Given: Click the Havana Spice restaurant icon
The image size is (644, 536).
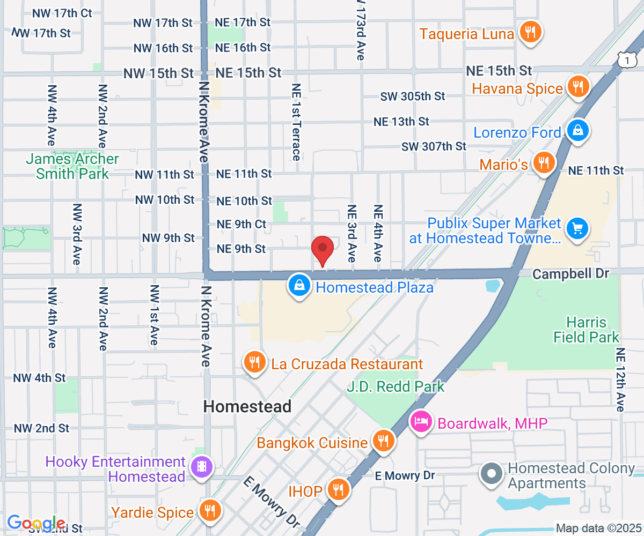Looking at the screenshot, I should pyautogui.click(x=577, y=86).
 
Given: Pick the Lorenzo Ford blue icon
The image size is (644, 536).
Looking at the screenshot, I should pyautogui.click(x=577, y=131).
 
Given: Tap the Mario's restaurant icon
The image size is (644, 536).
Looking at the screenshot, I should pyautogui.click(x=544, y=163).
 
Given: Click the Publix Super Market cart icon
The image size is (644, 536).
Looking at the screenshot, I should pyautogui.click(x=577, y=229).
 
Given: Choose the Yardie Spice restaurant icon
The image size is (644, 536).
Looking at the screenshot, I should pyautogui.click(x=209, y=511).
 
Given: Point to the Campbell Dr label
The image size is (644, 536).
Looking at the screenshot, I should pyautogui.click(x=570, y=274).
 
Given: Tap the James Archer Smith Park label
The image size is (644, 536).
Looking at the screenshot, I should pyautogui.click(x=72, y=166).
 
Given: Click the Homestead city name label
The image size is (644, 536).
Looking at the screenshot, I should pyautogui.click(x=247, y=406).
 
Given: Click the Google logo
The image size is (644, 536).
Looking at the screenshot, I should pyautogui.click(x=36, y=523).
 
